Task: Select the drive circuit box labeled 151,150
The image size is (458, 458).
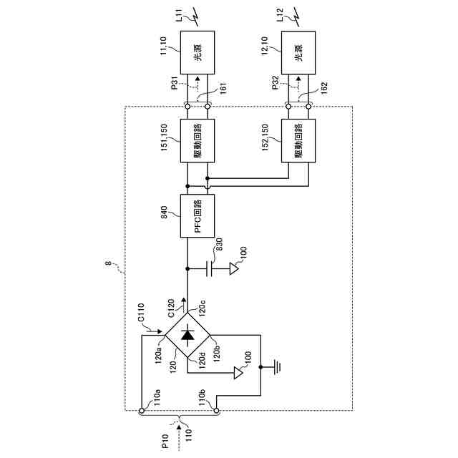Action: point(197,141)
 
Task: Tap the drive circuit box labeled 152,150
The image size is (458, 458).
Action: point(298,141)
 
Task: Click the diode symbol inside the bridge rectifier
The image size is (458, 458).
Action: point(188,334)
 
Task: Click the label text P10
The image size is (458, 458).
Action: point(165,442)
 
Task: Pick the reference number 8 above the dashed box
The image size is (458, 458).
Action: point(108,265)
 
